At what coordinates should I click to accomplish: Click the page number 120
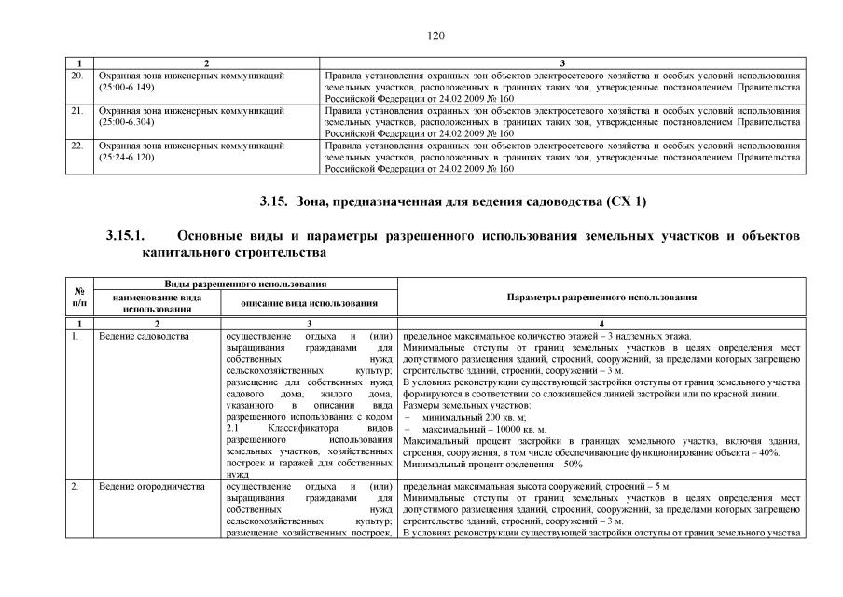point(434,36)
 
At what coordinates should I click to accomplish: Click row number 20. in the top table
point(78,74)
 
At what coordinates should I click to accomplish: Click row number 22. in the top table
point(78,146)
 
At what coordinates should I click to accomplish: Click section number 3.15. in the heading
point(275,201)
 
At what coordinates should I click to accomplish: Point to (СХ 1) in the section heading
point(626,201)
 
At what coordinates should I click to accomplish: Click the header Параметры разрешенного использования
point(601,298)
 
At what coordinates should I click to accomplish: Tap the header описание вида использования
point(309,303)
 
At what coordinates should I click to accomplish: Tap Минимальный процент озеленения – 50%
point(493,464)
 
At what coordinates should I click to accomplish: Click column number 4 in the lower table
point(601,322)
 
